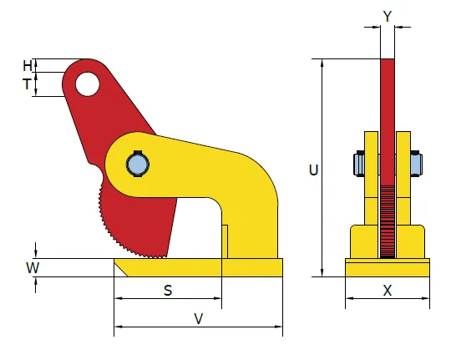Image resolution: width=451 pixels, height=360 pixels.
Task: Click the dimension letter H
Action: click(x=28, y=66)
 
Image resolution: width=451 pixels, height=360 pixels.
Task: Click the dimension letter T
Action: click(x=27, y=84)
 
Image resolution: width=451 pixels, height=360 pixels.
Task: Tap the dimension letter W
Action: click(x=33, y=267)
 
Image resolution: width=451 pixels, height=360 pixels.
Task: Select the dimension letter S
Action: click(x=168, y=291)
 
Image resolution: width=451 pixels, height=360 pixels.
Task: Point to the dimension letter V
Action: click(x=199, y=318)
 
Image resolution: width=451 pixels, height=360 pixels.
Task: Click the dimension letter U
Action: click(x=313, y=170)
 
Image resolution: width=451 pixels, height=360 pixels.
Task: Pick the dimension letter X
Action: click(x=388, y=291)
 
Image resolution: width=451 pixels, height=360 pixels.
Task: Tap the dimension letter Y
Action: click(x=388, y=16)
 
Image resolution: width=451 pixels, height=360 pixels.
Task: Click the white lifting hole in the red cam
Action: click(x=88, y=84)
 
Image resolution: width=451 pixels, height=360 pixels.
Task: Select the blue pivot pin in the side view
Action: click(x=138, y=165)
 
